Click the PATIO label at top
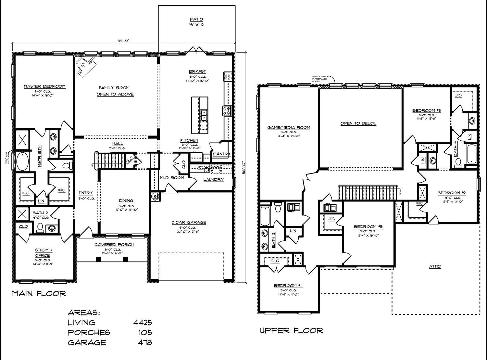196,19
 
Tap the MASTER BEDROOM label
44,86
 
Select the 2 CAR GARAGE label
189,223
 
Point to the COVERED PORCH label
114,245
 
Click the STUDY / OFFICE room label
43,252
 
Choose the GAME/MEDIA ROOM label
289,128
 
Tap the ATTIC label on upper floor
435,266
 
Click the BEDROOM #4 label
288,286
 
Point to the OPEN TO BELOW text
358,123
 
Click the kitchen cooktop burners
226,110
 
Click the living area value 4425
143,323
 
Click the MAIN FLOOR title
39,294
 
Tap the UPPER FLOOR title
291,331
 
